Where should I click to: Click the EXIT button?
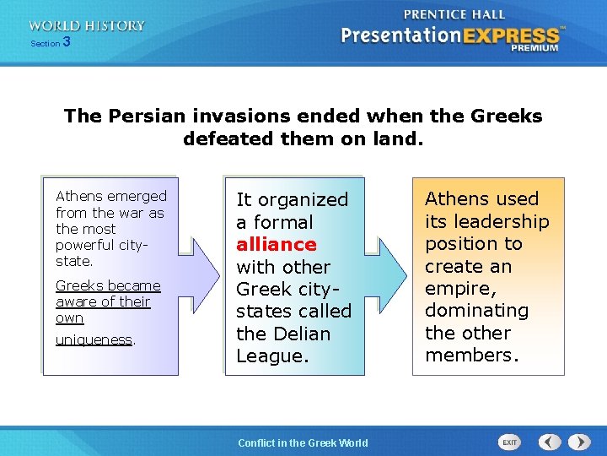[x=510, y=442]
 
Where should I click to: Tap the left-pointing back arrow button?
[x=550, y=442]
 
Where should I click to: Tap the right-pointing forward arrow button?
[x=579, y=442]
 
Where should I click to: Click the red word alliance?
[x=277, y=245]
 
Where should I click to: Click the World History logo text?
[x=87, y=26]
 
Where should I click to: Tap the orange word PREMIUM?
[x=534, y=49]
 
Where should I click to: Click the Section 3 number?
[x=66, y=42]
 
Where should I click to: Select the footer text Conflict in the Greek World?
[x=303, y=442]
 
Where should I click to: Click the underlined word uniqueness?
[x=94, y=339]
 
